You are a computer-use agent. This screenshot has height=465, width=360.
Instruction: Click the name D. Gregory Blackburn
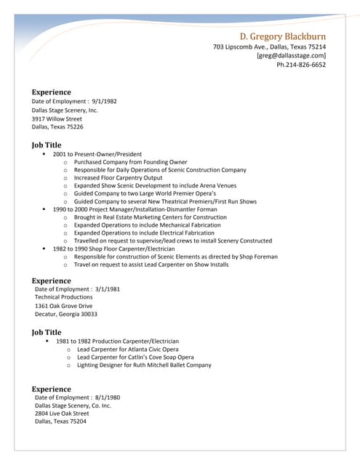282,36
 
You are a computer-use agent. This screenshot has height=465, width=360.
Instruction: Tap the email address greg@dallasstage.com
291,56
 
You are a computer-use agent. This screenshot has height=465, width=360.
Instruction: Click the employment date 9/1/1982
103,102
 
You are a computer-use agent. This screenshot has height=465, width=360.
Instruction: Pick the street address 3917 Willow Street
57,118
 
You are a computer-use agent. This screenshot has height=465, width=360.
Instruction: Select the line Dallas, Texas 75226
57,127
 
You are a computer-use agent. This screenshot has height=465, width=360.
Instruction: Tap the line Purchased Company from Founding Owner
130,162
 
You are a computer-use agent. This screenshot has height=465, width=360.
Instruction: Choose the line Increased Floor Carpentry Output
118,178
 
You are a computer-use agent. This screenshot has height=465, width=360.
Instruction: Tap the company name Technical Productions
64,297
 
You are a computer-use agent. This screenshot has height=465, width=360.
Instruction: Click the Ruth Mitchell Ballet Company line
144,365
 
